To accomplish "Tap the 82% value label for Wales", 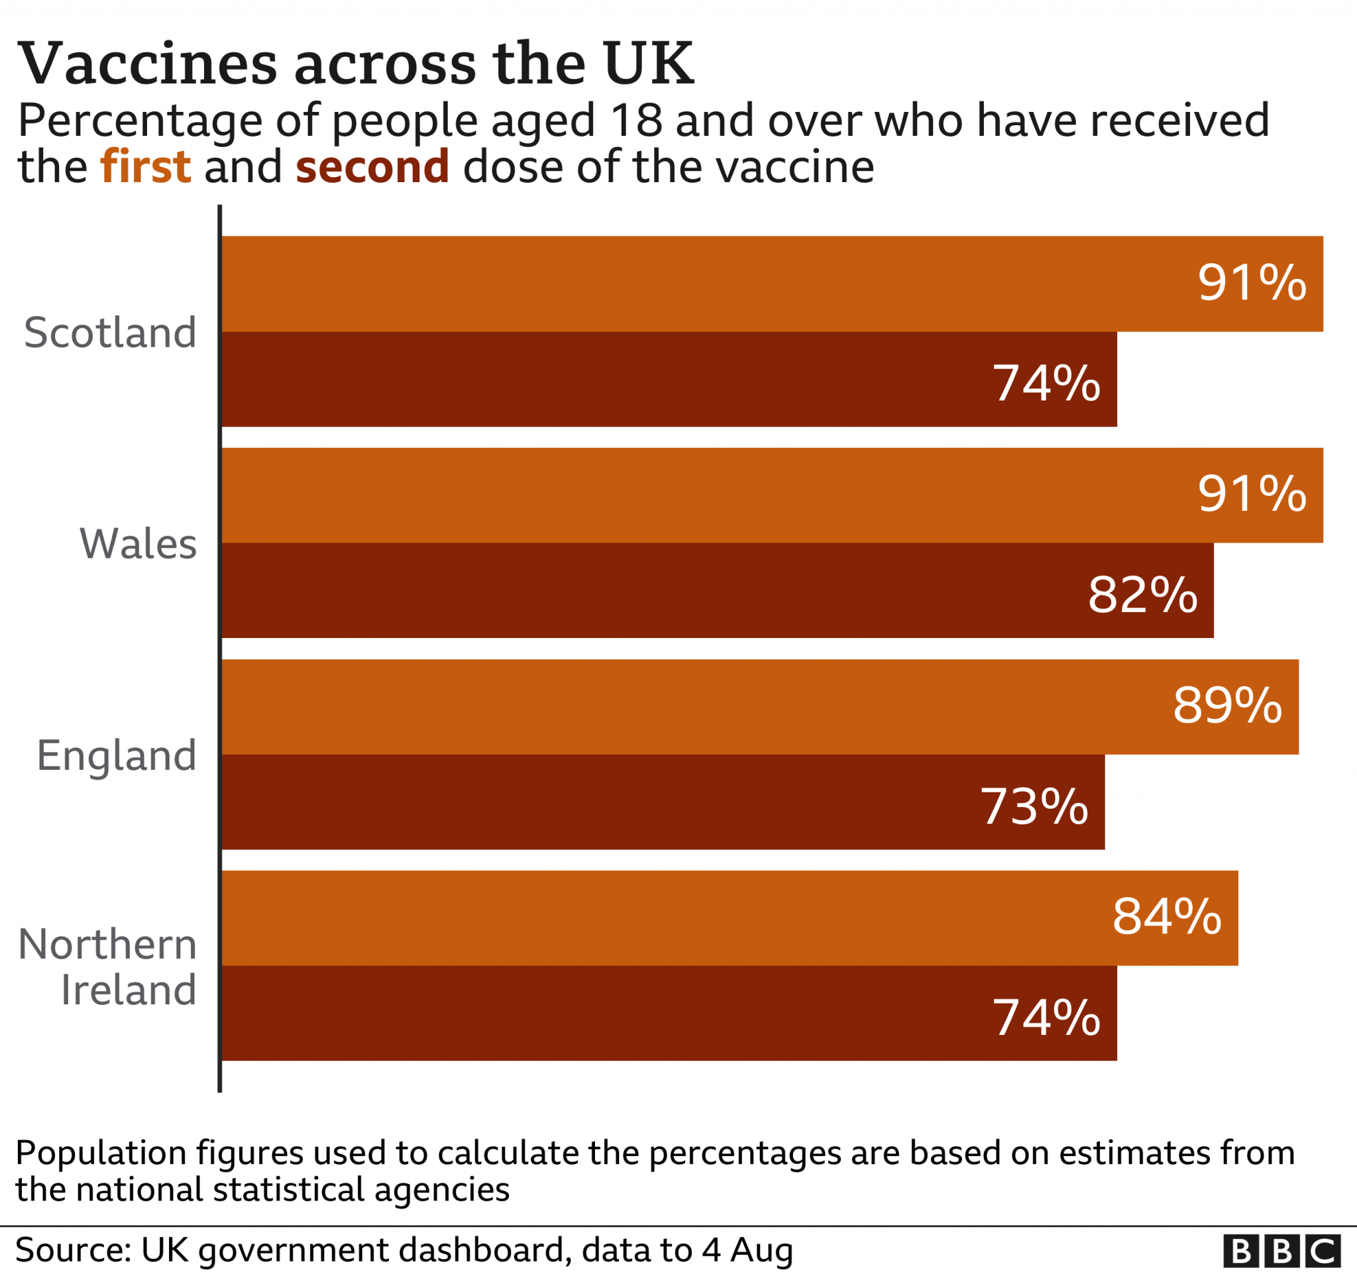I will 1142,594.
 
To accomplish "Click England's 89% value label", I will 1226,704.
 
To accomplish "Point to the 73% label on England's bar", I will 1034,806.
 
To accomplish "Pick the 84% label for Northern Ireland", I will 1167,916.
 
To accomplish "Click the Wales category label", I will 138,544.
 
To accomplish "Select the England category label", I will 117,755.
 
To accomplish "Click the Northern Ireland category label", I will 108,967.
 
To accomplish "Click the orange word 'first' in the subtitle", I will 145,166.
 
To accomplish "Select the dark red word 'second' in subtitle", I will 372,166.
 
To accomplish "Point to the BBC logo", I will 1281,1251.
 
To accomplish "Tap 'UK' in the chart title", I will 648,64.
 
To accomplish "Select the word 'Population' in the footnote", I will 101,1153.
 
